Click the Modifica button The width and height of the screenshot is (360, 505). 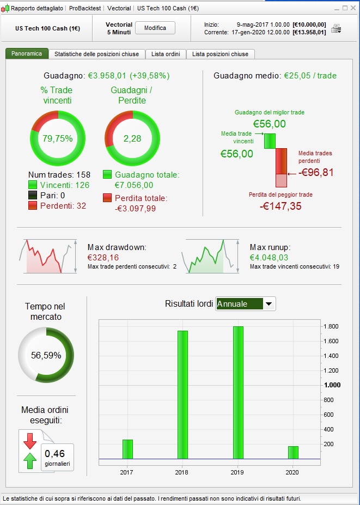(x=155, y=28)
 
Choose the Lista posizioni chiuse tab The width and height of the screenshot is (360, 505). (x=220, y=54)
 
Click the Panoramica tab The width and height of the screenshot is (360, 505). (x=27, y=54)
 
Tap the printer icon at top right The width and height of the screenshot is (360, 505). (x=337, y=29)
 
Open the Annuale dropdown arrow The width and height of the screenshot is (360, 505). (x=269, y=304)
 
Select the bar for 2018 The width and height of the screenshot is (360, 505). (x=182, y=394)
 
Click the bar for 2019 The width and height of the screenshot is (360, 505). (x=237, y=392)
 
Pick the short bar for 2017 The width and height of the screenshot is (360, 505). (x=127, y=449)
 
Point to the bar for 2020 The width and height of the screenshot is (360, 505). (x=293, y=452)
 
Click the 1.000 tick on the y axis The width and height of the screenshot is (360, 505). (x=332, y=385)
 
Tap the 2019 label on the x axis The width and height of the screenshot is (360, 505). (x=237, y=472)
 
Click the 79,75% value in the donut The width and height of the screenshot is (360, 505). (x=58, y=138)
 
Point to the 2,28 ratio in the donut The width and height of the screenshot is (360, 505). (x=132, y=138)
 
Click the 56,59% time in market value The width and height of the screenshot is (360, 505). (x=46, y=355)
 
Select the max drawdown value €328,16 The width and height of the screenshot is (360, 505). (x=103, y=257)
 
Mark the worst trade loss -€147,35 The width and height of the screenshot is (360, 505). (x=280, y=206)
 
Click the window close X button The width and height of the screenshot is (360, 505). (x=353, y=8)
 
